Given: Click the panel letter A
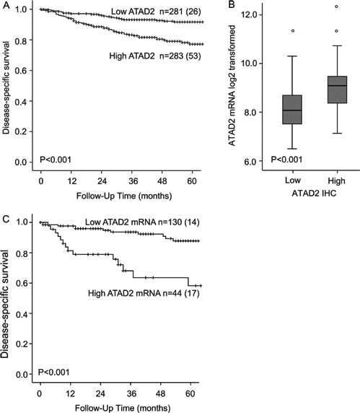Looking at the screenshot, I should point(4,6).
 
